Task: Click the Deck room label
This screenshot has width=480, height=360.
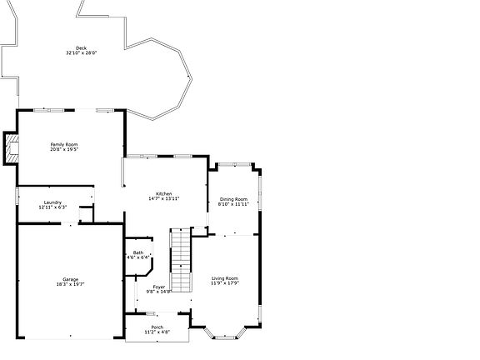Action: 81,48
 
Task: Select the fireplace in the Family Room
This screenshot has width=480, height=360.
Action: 11,147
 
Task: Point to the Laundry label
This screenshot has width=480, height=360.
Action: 52,202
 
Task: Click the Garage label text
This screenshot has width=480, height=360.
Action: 70,279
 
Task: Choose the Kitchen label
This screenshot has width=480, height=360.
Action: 163,193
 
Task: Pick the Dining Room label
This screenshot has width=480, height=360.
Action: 233,199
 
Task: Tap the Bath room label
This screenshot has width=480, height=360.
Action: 137,252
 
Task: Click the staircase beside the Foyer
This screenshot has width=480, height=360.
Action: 181,258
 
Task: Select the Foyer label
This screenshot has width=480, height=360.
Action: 158,287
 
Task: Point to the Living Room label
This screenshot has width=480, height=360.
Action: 225,277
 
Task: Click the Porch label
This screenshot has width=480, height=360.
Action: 157,327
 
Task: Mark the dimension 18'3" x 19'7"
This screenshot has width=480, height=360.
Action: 70,284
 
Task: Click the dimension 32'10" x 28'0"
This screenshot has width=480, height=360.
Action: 81,53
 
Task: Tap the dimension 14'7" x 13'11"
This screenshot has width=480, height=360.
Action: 163,198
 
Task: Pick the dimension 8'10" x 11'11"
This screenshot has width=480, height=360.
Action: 233,204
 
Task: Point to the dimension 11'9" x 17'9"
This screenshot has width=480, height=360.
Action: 225,282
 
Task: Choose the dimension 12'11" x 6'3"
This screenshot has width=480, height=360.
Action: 52,207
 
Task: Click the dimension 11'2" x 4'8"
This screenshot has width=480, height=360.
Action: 157,332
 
